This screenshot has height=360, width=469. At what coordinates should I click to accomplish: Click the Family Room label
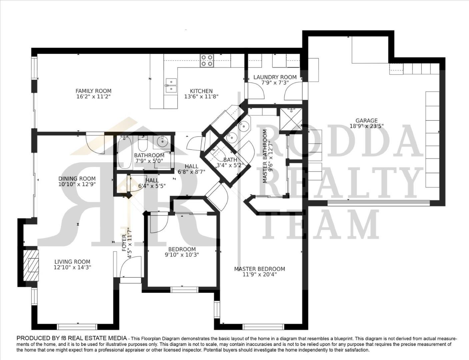pos(93,91)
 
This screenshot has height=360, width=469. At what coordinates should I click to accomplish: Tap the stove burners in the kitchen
pos(207,60)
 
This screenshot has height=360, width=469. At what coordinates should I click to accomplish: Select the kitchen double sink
pos(171,85)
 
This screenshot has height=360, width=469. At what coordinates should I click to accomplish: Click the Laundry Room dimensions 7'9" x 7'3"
pos(275,83)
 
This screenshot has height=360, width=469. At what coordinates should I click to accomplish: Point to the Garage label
pos(366,121)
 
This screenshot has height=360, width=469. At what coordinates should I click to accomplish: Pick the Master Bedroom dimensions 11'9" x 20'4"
pos(260,274)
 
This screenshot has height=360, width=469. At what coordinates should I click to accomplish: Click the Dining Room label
pos(77,179)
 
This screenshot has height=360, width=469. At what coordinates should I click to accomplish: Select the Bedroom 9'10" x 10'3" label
pos(182,249)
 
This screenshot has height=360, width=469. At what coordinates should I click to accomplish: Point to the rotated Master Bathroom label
pos(265,156)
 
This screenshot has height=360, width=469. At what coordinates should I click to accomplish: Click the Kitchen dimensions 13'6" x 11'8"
pos(201,96)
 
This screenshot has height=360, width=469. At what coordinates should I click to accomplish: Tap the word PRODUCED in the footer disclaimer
pos(32,338)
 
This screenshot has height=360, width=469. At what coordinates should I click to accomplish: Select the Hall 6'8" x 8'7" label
pos(191,166)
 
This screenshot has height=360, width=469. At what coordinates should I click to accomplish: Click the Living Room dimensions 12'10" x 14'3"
pos(72,267)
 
